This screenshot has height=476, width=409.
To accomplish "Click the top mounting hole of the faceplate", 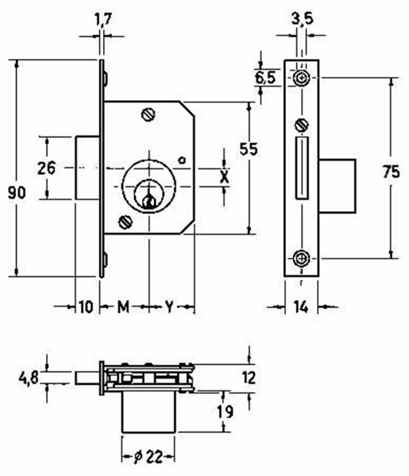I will click(x=301, y=78).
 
